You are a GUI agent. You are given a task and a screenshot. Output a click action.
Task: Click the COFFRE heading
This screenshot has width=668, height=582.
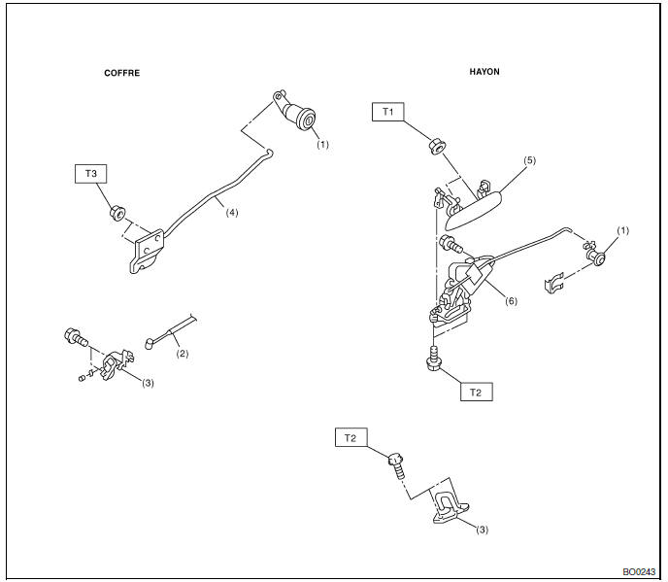click(122, 73)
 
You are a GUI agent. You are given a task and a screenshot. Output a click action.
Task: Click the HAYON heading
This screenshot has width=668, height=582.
click(485, 72)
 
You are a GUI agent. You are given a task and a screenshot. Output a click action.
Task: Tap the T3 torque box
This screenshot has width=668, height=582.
click(90, 174)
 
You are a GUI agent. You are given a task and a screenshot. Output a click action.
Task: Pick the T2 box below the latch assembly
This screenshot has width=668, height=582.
click(475, 392)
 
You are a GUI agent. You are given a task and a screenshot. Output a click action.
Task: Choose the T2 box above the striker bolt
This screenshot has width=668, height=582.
click(350, 437)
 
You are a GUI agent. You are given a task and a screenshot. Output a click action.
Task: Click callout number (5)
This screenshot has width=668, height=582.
click(528, 160)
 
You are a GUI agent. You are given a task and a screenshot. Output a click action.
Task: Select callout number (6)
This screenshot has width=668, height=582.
click(511, 300)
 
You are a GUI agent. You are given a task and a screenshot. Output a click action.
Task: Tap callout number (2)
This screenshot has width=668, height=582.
click(183, 353)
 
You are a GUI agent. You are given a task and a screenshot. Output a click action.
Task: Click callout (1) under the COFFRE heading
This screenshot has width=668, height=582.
click(323, 145)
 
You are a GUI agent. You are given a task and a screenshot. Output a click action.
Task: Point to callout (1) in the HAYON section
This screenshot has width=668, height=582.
click(622, 230)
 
